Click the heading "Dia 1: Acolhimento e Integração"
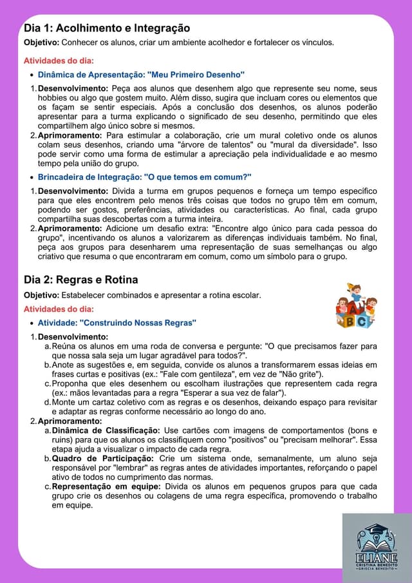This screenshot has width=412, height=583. click(107, 28)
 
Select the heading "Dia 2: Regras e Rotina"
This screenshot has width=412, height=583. click(80, 280)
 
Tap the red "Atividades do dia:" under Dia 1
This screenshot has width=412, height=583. click(59, 61)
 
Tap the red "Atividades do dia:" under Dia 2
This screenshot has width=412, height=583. click(59, 309)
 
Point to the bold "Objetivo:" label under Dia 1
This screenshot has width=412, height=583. click(41, 43)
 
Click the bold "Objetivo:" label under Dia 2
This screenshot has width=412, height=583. click(41, 295)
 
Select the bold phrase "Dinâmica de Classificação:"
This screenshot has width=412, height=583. click(106, 430)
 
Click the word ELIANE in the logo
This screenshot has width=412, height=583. click(376, 559)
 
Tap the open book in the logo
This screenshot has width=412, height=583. click(376, 546)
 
